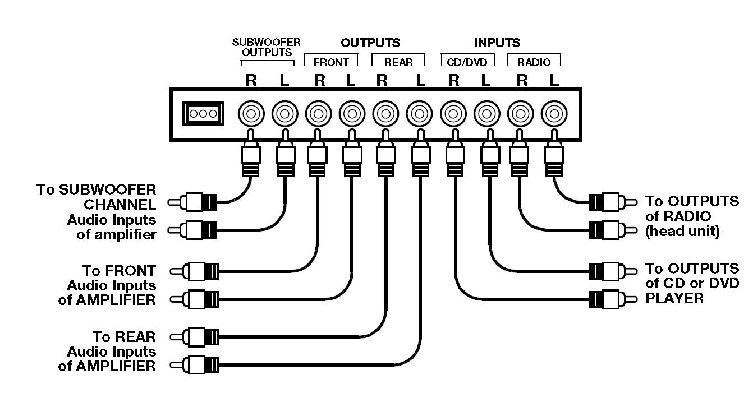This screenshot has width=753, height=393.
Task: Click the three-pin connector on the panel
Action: [x=203, y=114]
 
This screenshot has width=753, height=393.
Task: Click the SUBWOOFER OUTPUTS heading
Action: [x=267, y=47]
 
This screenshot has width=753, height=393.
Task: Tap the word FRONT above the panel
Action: [x=331, y=62]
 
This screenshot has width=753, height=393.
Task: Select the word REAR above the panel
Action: [x=398, y=62]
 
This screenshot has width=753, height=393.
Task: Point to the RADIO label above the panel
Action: [x=534, y=62]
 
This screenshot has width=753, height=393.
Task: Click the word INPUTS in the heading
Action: [x=497, y=43]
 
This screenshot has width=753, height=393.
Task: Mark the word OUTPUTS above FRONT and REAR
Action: [x=370, y=43]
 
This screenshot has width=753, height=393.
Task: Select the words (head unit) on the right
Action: [x=682, y=231]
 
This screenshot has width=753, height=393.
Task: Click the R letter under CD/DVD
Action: [x=453, y=81]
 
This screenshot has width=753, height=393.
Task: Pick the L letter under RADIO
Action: [x=554, y=81]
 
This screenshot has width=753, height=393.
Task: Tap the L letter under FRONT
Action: [x=351, y=81]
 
